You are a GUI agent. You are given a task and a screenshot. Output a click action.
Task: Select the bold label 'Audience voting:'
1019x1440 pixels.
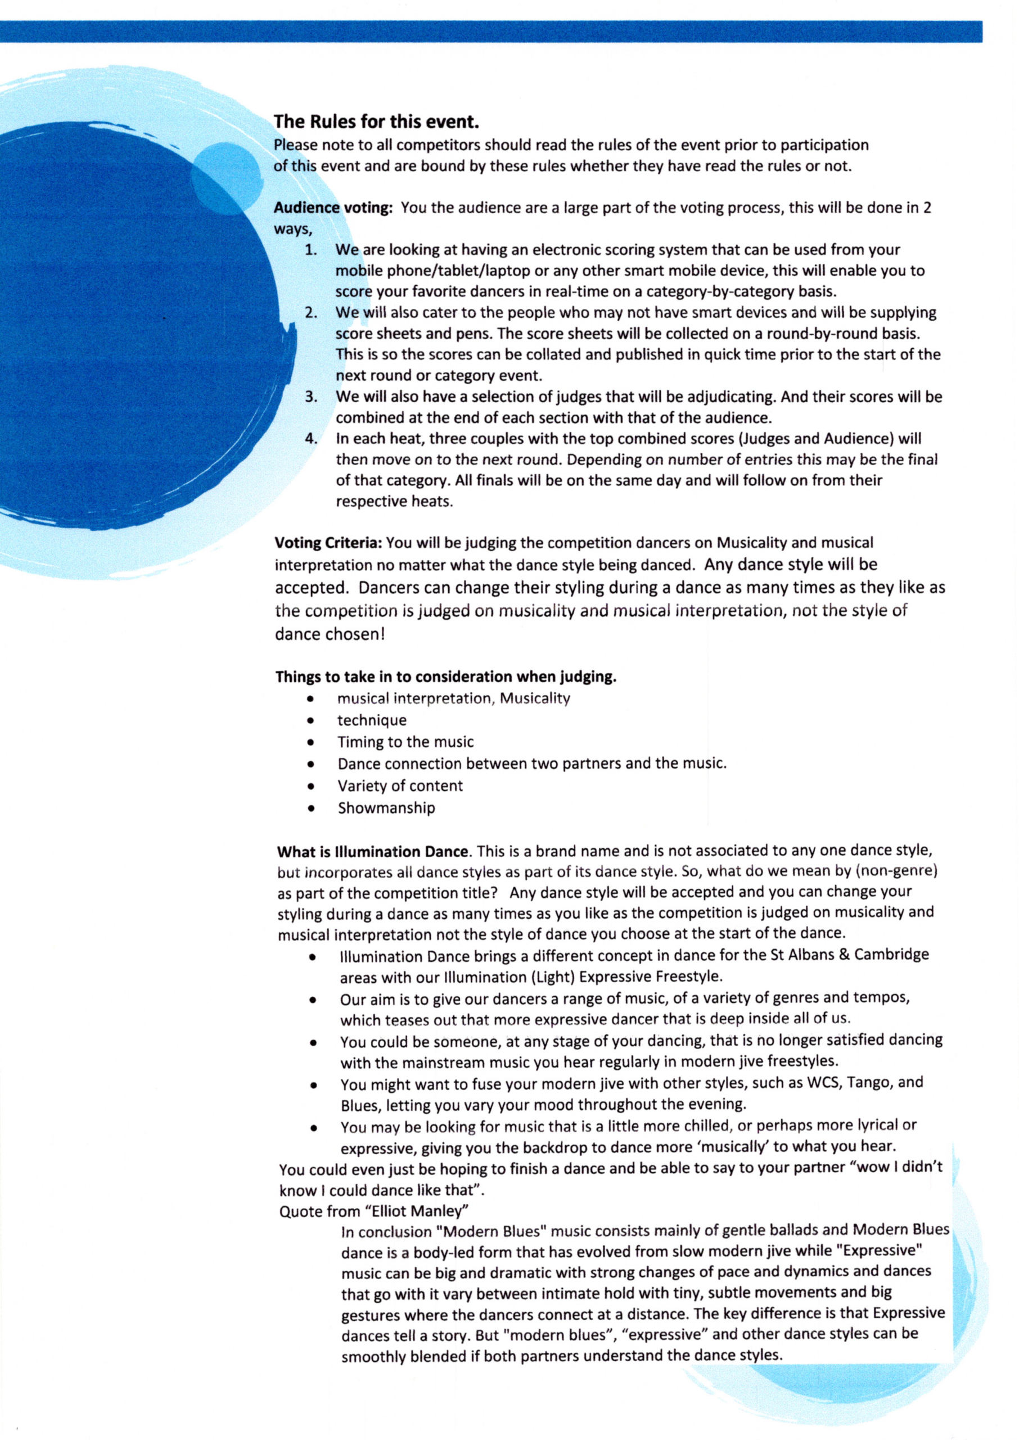point(333,208)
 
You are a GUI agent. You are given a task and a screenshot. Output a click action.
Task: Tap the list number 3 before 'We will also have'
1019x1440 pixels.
point(310,397)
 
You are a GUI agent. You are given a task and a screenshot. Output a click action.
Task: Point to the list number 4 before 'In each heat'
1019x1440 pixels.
point(311,439)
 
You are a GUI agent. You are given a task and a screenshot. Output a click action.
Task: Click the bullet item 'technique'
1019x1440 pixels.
point(372,721)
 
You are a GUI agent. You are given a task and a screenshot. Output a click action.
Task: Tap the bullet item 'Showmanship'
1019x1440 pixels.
point(386,808)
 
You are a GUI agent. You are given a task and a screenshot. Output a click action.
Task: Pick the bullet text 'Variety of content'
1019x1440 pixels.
point(400,786)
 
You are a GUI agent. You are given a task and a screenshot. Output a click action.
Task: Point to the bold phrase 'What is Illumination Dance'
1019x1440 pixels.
point(373,852)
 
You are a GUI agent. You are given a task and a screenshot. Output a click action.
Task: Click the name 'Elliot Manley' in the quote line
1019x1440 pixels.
point(417,1211)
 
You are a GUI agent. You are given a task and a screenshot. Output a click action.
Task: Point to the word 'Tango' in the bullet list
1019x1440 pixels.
point(869,1082)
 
